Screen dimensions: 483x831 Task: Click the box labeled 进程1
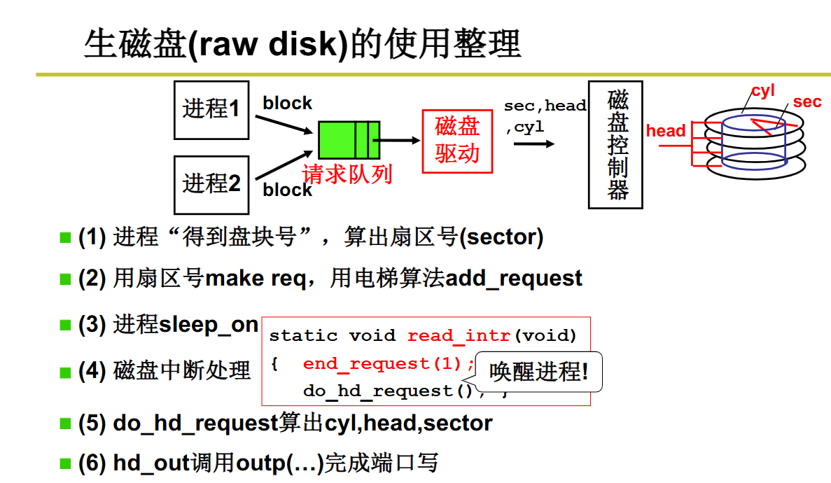click(211, 109)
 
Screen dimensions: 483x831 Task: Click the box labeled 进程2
click(211, 184)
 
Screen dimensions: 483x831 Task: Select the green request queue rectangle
click(349, 140)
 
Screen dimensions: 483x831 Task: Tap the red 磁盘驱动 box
click(457, 141)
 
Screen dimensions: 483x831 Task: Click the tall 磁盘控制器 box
click(615, 144)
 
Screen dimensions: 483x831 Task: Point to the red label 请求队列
click(347, 174)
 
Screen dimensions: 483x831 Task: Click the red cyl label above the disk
click(762, 91)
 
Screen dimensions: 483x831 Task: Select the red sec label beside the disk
click(806, 102)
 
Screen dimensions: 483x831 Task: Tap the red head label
click(665, 131)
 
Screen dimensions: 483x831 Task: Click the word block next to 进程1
click(287, 104)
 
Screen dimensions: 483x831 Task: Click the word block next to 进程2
click(287, 190)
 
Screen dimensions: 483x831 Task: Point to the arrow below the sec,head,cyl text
click(533, 143)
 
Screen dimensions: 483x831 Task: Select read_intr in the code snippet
click(459, 336)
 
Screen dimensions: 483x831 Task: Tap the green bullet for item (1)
click(65, 238)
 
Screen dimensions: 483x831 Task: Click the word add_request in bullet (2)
click(514, 279)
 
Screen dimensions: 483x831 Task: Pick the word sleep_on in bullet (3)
click(209, 325)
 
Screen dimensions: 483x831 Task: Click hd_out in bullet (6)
click(151, 463)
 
